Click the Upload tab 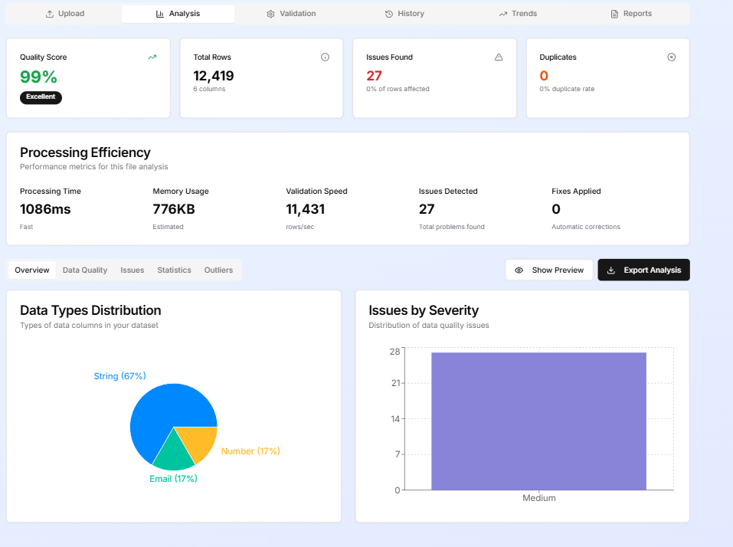(64, 14)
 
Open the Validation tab (291, 14)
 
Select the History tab (404, 14)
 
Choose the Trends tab (518, 14)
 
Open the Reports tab (631, 14)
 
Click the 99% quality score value (39, 77)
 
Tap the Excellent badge (41, 97)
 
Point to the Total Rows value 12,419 (214, 76)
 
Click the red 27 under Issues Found (375, 76)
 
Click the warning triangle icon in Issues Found (499, 57)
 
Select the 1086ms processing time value (45, 209)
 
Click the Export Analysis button (643, 270)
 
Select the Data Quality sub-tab (85, 270)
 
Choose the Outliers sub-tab (218, 270)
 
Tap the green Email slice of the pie (174, 454)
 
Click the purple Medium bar (538, 421)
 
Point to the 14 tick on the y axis (395, 419)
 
